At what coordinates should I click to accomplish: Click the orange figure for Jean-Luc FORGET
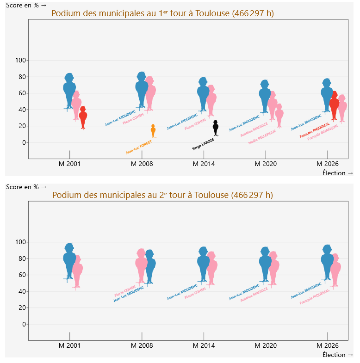153,131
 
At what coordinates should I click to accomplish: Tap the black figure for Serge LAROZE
215,128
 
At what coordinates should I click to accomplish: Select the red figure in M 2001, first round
83,117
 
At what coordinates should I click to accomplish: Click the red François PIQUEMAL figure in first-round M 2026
334,106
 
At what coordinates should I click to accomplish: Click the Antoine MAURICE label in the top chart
254,129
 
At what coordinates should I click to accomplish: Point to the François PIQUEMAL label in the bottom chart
315,296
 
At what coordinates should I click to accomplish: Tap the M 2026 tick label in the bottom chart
328,346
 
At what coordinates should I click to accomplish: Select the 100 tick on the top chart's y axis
21,61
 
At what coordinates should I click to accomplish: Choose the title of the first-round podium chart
162,13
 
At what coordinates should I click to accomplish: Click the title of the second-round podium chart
162,195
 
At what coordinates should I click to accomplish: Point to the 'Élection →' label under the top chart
337,173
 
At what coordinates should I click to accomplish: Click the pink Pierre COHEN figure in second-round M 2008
141,266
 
